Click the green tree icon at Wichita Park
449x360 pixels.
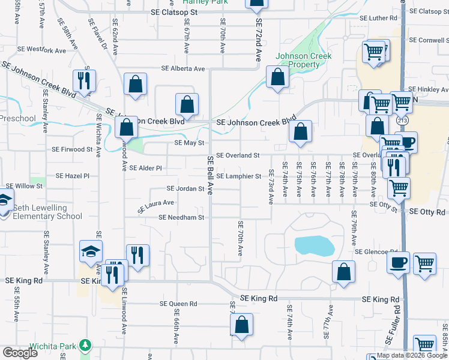86,346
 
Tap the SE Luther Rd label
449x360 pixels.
378,18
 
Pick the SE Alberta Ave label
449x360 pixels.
183,68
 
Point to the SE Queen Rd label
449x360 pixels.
175,304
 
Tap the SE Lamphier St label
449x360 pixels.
239,176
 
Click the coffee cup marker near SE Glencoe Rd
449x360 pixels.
398,262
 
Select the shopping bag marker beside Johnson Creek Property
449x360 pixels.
277,77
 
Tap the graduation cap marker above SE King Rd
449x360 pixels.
91,251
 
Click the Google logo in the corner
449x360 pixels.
20,353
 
